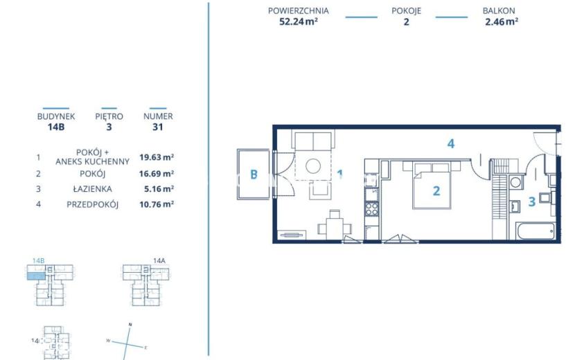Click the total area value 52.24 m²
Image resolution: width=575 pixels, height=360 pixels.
coord(299,21)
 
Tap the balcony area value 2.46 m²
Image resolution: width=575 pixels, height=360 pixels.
coord(502,21)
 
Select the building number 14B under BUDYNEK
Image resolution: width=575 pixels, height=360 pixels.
coord(56,127)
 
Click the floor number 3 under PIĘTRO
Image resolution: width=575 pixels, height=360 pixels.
coord(109,127)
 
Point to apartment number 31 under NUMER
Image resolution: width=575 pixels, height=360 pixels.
coord(158,127)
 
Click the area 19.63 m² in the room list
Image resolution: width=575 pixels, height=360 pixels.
coord(157,157)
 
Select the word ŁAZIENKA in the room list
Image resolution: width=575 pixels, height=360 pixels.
coord(92,189)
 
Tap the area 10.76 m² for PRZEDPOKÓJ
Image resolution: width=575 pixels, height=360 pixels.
coord(157,204)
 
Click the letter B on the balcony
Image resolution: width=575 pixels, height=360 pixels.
coord(254,174)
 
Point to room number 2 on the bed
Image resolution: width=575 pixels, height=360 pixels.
coord(436,190)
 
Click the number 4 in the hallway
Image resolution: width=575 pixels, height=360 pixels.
coord(451,143)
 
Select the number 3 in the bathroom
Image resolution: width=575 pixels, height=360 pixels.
coord(532,201)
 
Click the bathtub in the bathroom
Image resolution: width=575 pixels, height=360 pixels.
coord(535,231)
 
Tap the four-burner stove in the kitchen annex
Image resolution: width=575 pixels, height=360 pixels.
coord(371,209)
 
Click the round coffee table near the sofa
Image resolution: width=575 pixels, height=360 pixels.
coord(313,166)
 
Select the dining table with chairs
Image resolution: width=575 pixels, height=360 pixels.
coord(335,226)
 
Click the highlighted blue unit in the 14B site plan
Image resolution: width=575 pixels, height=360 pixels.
coord(36,276)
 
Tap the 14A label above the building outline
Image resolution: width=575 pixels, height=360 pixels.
coord(159,260)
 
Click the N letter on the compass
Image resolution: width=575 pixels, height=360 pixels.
coord(130,325)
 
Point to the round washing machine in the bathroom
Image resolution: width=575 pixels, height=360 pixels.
coord(515,182)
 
